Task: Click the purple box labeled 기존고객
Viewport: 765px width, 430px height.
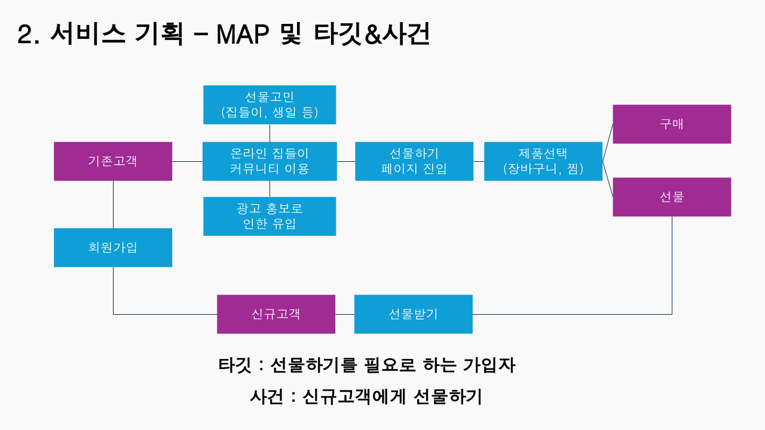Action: click(113, 161)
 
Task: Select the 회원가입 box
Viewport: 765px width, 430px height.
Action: click(113, 248)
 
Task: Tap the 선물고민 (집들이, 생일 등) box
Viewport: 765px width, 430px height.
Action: click(270, 105)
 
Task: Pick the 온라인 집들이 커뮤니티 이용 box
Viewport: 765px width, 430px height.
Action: click(270, 161)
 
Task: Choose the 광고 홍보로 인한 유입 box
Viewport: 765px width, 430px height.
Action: click(270, 216)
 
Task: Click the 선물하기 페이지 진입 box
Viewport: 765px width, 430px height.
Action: click(414, 161)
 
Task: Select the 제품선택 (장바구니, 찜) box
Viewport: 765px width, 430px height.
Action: click(543, 161)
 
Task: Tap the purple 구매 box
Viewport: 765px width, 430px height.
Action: click(672, 124)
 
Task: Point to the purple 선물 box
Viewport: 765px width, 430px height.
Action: click(672, 197)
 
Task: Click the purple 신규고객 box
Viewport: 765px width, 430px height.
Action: click(276, 314)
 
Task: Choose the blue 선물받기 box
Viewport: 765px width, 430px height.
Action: click(414, 314)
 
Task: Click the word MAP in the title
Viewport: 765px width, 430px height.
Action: click(243, 35)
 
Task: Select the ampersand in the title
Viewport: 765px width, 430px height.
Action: click(373, 35)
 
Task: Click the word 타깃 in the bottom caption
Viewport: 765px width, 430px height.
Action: click(235, 365)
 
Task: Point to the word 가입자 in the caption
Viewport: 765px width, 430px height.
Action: click(489, 365)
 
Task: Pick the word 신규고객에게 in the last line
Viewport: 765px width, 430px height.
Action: click(354, 397)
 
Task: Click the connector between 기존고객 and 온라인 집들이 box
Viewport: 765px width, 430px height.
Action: click(188, 161)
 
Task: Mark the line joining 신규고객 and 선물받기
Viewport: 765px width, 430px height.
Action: click(345, 314)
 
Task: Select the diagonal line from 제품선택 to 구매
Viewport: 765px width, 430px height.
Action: click(608, 143)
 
